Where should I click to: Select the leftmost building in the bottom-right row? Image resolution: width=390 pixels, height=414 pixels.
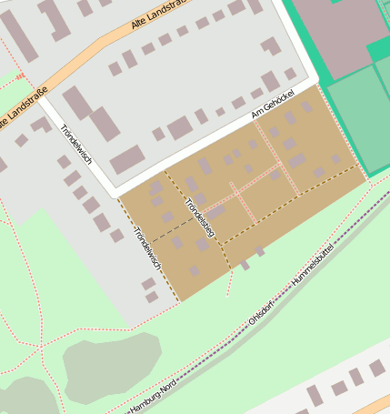tap(315, 396)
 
